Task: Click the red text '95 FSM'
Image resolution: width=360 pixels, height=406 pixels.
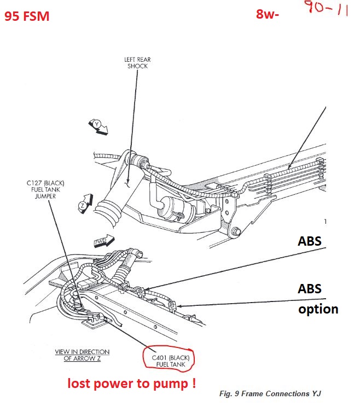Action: [27, 16]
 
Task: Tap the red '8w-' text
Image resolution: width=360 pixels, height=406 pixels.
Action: [268, 15]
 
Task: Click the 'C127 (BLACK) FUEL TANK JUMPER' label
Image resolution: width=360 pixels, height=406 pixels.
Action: [41, 189]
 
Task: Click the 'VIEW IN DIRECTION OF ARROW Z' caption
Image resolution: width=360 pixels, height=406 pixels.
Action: [82, 355]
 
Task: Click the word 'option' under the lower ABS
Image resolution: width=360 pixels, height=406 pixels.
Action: [318, 309]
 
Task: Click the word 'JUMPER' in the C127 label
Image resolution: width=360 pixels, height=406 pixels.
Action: [41, 196]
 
